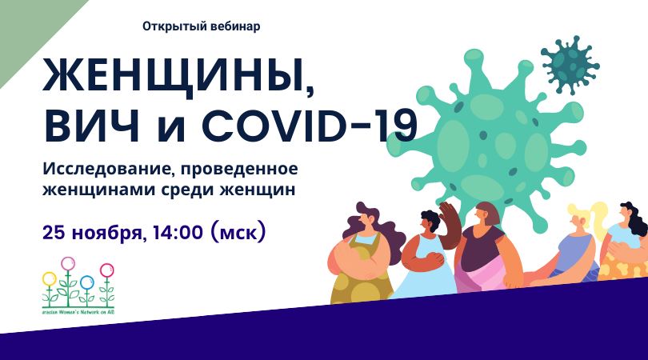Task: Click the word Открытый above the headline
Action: [170, 26]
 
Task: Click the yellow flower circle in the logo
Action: [50, 279]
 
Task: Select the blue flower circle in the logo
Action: [87, 282]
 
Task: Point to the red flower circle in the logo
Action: [106, 270]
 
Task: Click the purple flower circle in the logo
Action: [68, 263]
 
